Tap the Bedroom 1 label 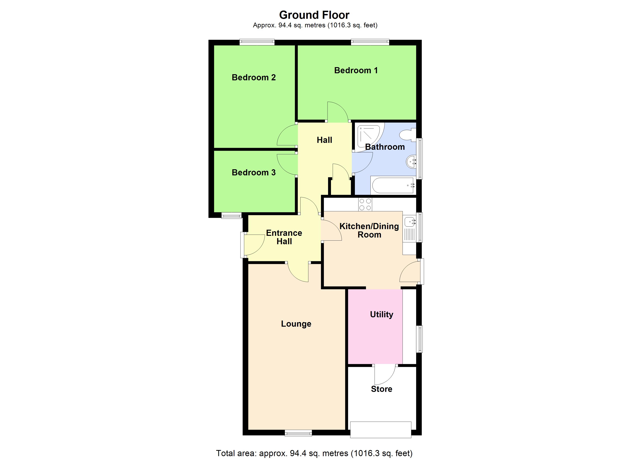tap(356, 70)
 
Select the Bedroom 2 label tap(254, 77)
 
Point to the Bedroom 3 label tap(254, 173)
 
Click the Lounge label tap(296, 324)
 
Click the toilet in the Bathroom tap(408, 135)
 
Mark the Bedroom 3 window tap(231, 216)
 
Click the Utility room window tap(419, 339)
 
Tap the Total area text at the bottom tap(314, 453)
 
